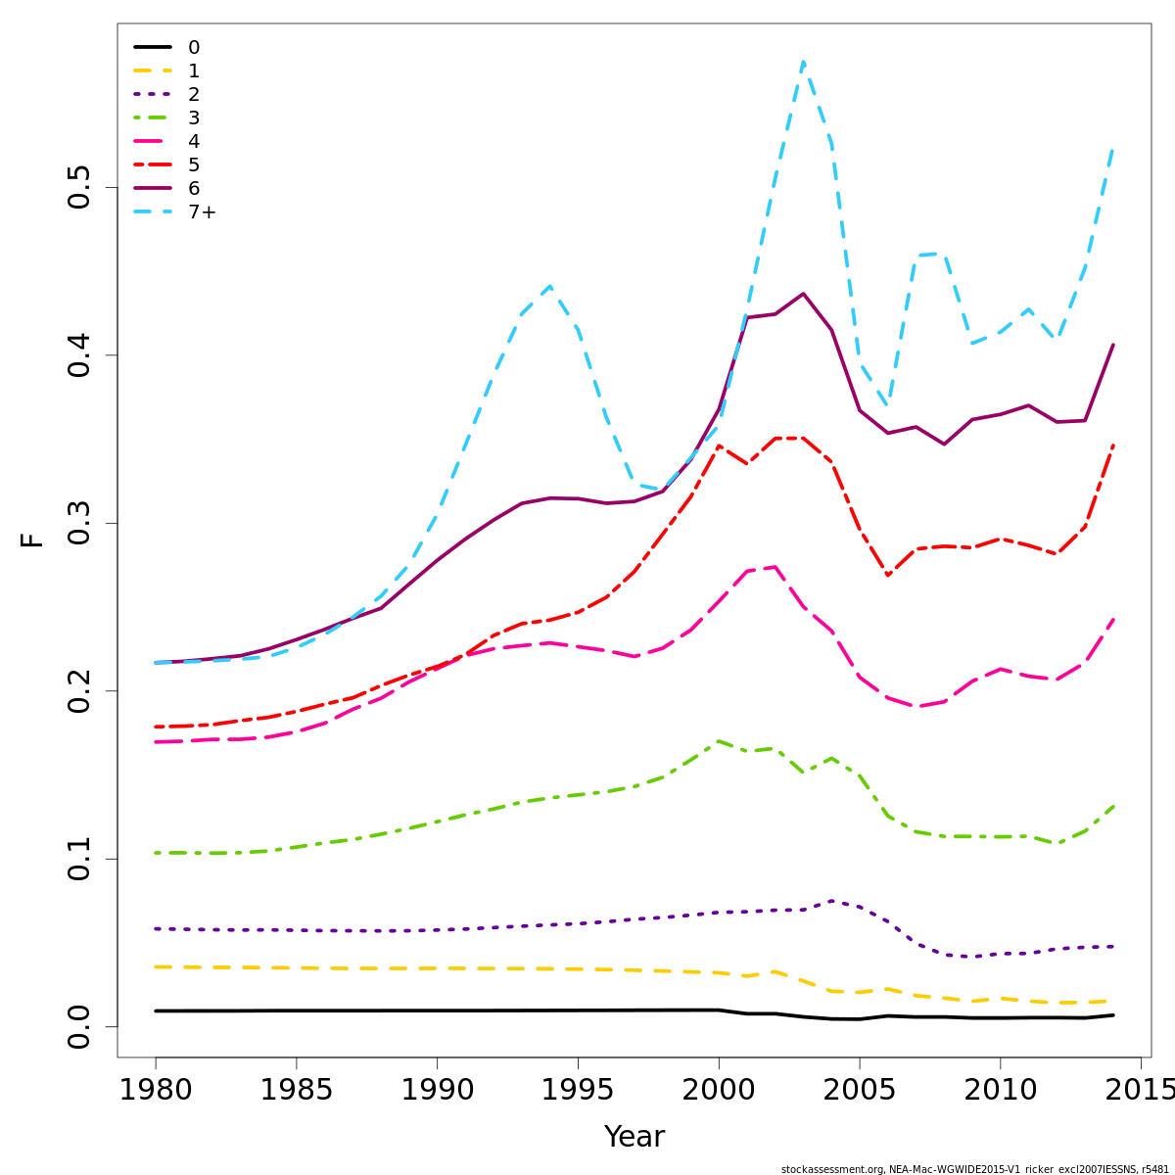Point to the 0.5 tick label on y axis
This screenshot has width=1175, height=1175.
(x=79, y=187)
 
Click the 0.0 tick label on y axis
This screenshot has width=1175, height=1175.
(x=79, y=1026)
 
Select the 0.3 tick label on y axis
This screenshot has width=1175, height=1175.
(x=79, y=523)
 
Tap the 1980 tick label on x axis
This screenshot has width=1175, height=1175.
(x=156, y=1089)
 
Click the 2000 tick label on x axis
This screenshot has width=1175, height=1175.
(x=719, y=1089)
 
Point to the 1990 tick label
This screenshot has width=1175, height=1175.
(x=437, y=1089)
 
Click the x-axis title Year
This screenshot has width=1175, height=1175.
(x=634, y=1137)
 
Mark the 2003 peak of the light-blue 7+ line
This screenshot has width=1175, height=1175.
(x=803, y=63)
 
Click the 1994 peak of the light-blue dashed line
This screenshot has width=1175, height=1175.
(x=550, y=286)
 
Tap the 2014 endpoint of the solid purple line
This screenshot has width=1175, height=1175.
(x=1113, y=345)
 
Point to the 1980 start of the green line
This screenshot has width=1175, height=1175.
(x=156, y=853)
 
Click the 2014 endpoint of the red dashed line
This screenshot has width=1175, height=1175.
(x=1113, y=445)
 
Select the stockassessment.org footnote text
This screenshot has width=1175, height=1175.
(x=974, y=1169)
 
